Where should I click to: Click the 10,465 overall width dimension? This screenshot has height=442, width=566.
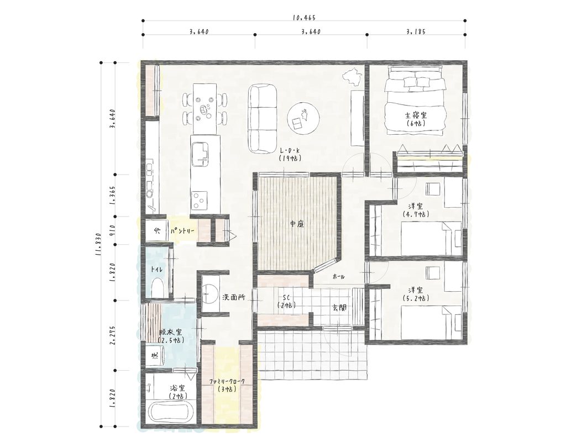click(300, 17)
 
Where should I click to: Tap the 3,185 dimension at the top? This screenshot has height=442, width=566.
click(416, 31)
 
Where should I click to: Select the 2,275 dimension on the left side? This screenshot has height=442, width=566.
click(112, 335)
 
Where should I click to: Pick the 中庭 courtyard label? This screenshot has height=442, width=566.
click(297, 224)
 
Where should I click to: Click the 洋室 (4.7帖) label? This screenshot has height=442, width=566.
click(416, 210)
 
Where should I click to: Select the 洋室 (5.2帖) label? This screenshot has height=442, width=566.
click(416, 294)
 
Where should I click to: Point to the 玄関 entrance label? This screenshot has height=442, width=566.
click(340, 308)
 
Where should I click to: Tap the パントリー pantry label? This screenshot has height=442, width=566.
click(182, 230)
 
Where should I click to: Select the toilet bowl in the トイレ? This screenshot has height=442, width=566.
click(159, 287)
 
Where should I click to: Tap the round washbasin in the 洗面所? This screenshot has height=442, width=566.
click(209, 292)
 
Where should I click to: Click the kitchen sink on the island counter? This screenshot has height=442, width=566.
click(200, 154)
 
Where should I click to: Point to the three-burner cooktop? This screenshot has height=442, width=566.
click(200, 199)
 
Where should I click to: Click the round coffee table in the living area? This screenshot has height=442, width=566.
click(303, 117)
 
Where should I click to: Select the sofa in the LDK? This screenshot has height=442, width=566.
click(263, 119)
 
